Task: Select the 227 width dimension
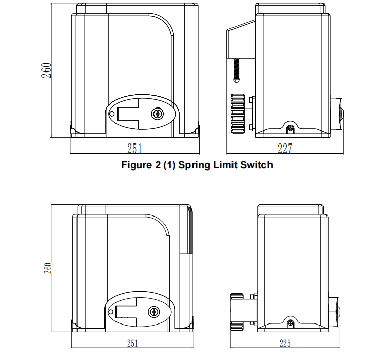pyautogui.click(x=285, y=148)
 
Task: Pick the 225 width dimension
pyautogui.click(x=285, y=343)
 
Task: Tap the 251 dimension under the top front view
pyautogui.click(x=134, y=148)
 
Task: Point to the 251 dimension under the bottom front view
pyautogui.click(x=132, y=343)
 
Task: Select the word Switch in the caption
pyautogui.click(x=255, y=165)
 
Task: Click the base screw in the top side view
pyautogui.click(x=290, y=128)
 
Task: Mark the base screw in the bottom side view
pyautogui.click(x=290, y=323)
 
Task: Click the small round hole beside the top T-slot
pyautogui.click(x=111, y=114)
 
